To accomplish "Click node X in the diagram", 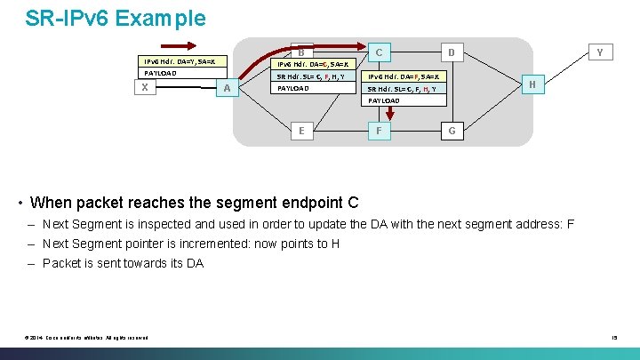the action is tap(143, 88).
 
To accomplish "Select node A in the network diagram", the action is tap(228, 88).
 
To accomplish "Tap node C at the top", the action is tap(379, 52).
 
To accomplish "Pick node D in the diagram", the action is tap(452, 52).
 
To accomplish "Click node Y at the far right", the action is tap(599, 52).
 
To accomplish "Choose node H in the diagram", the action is tap(532, 84).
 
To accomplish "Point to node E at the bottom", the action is tap(303, 131).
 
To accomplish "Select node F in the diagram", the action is tap(379, 131).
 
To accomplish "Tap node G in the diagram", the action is tap(452, 131).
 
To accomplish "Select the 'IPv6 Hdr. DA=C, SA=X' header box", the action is tap(315, 64).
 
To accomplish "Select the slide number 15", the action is tap(613, 337).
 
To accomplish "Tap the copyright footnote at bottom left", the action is tap(86, 337).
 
